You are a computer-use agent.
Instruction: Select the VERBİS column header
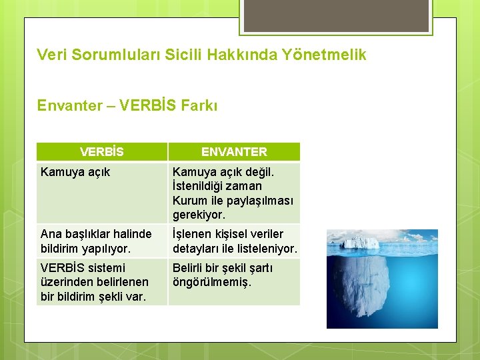point(101,151)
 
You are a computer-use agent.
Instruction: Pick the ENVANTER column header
point(234,151)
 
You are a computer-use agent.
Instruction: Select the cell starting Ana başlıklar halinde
point(96,241)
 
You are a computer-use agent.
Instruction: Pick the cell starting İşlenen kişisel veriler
point(234,241)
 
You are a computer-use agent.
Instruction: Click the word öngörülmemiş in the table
point(211,282)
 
